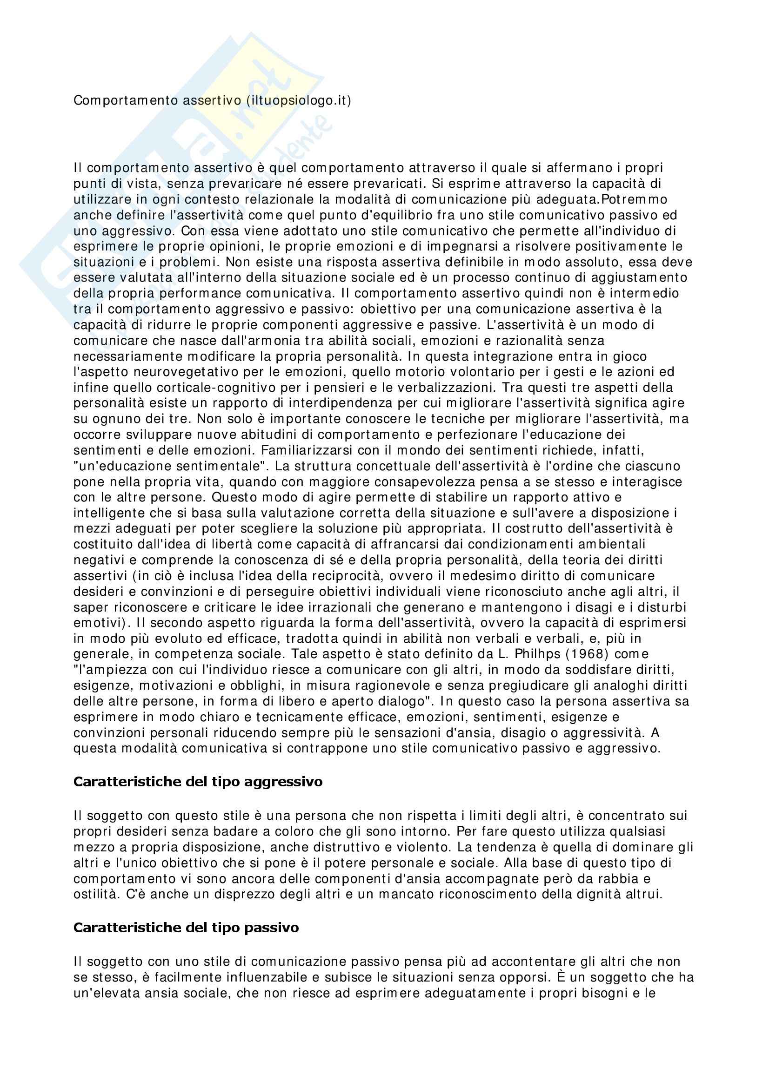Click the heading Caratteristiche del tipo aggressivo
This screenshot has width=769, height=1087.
pos(198,781)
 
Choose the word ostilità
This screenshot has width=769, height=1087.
pos(94,894)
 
